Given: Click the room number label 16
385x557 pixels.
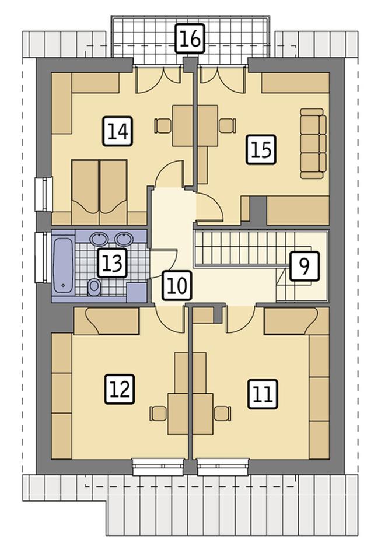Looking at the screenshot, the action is pos(191,38).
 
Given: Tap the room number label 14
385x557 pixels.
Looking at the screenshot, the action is pos(118,131).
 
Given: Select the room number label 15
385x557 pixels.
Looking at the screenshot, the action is pos(261,149).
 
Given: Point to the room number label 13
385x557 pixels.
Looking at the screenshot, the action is pos(112,263).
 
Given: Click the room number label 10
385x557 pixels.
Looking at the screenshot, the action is pos(177,285).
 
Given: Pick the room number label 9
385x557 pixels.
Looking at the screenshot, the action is pos(304,266).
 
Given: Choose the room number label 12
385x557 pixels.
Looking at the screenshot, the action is pos(120,389).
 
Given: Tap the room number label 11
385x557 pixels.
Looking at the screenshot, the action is pos(263,394).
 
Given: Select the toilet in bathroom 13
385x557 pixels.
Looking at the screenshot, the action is pos(94,287).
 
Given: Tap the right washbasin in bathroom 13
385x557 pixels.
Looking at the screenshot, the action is pos(124,239).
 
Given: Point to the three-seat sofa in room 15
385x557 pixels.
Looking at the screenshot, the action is pos(313,143).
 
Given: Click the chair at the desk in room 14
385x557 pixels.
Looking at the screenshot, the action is pos(163,126).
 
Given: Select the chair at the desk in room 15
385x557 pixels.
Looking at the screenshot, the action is pos(228,126).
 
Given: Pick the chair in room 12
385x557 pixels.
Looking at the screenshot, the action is pos(158,414).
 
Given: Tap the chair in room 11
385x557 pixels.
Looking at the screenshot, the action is pos(223,414).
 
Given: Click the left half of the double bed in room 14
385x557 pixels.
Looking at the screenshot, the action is pos(85,192).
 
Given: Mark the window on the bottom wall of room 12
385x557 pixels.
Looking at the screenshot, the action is pos(158,467).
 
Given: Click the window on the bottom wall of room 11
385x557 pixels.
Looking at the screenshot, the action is pos(223,467).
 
